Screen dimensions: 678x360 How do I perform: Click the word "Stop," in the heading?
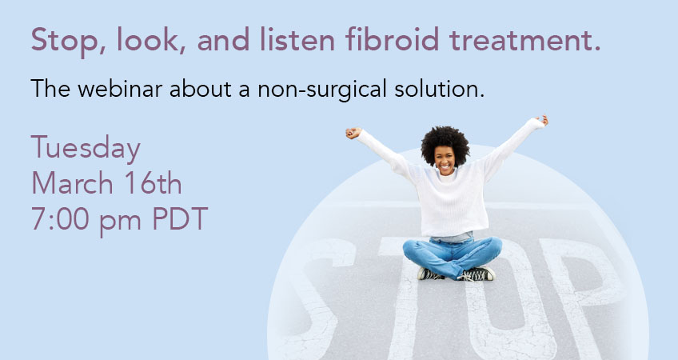pos(68,40)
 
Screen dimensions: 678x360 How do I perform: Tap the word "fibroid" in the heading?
pos(393,39)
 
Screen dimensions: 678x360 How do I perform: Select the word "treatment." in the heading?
pos(525,40)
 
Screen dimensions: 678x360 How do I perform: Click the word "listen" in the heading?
pos(297,39)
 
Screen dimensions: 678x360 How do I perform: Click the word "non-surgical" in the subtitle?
pos(322,90)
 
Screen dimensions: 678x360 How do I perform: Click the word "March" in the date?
pos(72,183)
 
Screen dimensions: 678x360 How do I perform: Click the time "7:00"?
pos(60,218)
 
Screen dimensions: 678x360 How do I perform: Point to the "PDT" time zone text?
pos(181,218)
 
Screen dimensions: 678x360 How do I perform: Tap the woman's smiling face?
pos(445,160)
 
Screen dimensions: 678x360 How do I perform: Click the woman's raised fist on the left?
pos(353,133)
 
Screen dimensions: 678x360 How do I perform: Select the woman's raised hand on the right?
pos(542,120)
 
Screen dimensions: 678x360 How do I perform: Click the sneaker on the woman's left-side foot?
pos(430,274)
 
